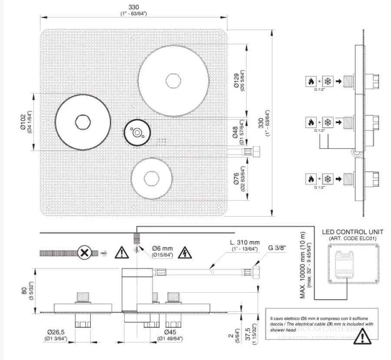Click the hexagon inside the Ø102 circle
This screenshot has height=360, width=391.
pos(81,122)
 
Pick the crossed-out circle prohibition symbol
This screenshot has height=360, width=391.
pos(83,252)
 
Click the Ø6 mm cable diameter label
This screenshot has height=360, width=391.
pos(162,248)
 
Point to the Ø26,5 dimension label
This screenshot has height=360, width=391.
pos(55,333)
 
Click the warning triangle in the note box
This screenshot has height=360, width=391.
pos(359,338)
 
